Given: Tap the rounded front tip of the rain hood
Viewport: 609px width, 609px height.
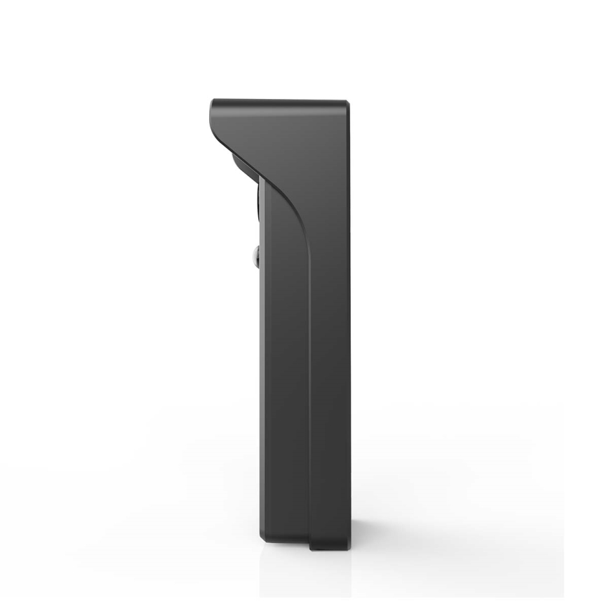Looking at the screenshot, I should [213, 111].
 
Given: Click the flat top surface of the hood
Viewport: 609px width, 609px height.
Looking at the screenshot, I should [281, 101].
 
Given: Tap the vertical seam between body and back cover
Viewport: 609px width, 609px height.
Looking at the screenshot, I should [309, 386].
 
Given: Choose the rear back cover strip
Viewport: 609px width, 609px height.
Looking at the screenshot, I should [330, 351].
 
